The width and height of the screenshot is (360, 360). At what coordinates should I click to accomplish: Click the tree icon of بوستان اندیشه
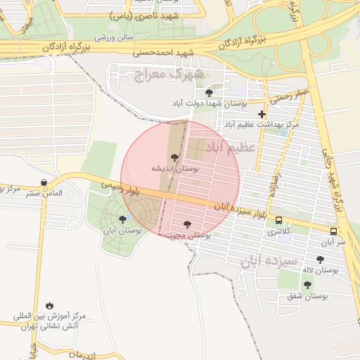(174, 157)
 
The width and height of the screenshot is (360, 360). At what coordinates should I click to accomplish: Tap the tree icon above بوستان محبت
(186, 224)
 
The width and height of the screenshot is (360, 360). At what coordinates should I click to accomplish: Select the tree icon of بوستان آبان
(123, 219)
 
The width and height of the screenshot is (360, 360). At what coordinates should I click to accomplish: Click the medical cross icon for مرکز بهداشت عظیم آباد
(262, 114)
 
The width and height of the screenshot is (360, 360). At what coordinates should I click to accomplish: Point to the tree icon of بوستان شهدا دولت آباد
(208, 92)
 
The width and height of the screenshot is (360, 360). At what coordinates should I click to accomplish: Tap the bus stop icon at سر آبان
(333, 231)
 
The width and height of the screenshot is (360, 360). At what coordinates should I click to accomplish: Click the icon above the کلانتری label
(279, 220)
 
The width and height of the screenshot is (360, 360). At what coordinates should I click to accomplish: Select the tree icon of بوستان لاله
(320, 259)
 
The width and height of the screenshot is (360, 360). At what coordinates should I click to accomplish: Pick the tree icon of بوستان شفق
(307, 285)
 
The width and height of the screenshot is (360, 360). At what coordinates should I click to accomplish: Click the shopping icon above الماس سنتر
(45, 183)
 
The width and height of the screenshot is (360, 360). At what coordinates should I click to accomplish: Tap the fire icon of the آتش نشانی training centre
(49, 305)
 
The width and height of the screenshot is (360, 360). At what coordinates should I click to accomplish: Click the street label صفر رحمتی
(292, 92)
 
